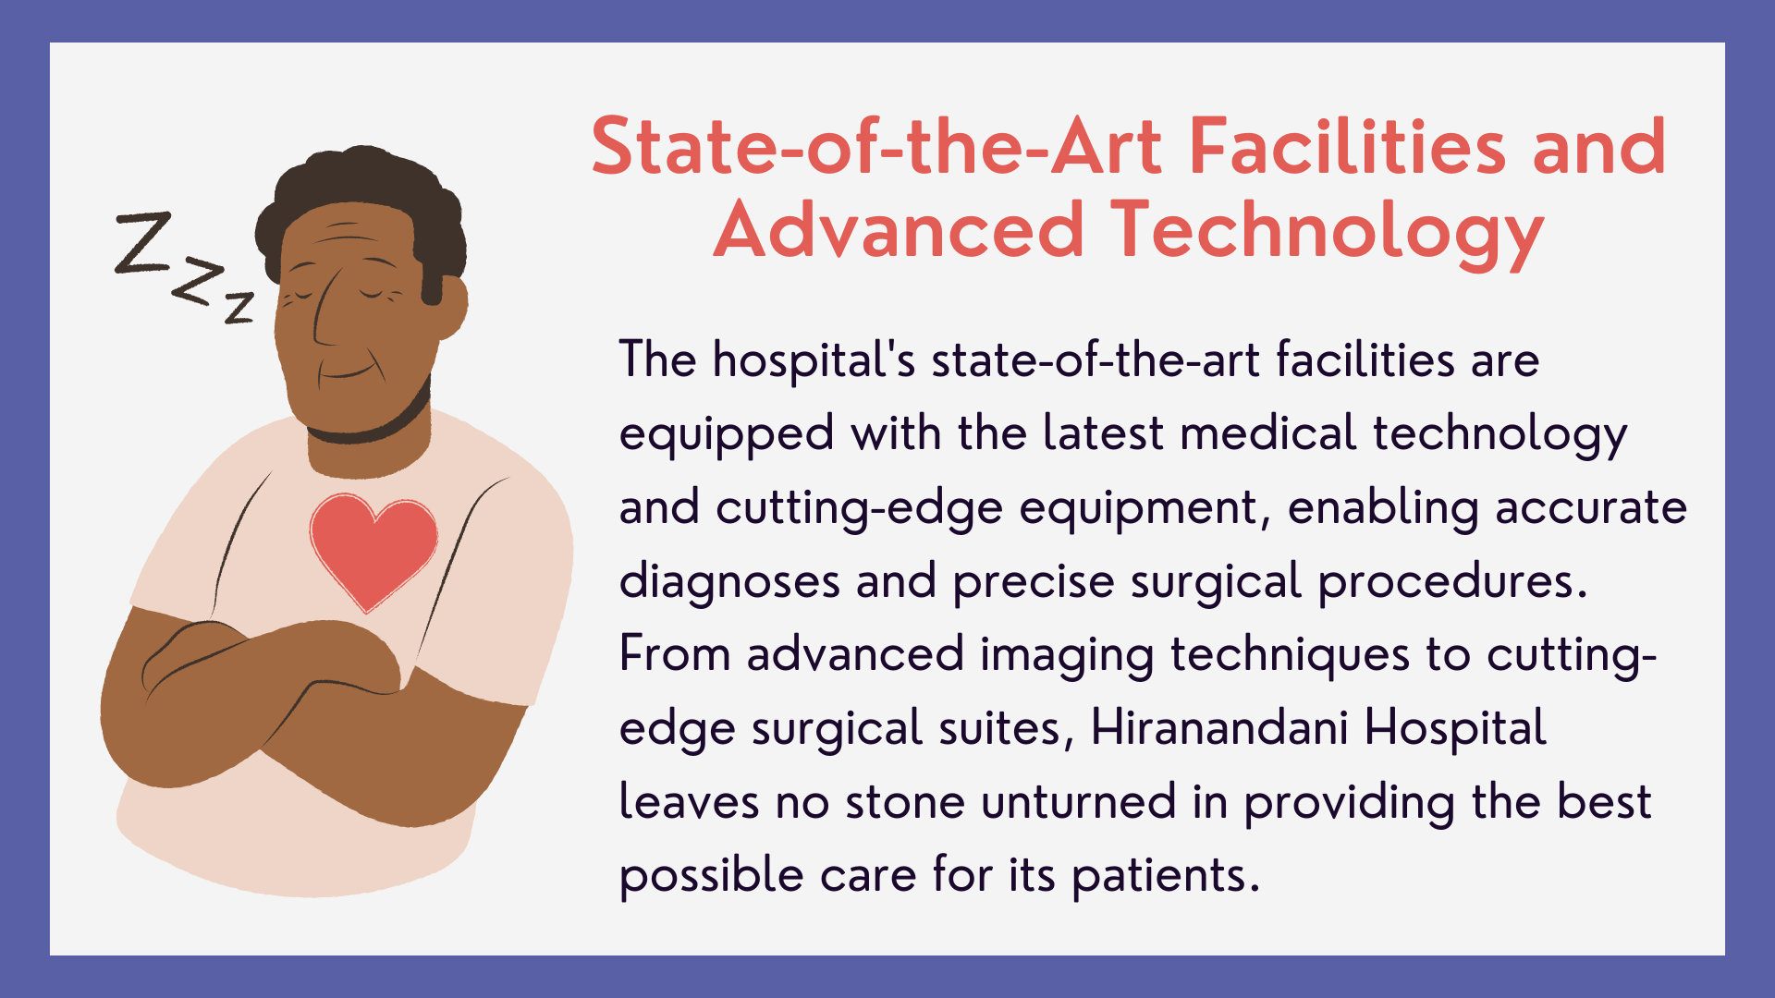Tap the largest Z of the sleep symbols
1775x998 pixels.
point(143,242)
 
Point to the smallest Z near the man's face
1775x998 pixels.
point(239,307)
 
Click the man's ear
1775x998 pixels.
point(451,305)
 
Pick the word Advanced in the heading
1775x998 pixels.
point(899,231)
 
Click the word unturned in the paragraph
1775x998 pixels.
point(1079,802)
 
